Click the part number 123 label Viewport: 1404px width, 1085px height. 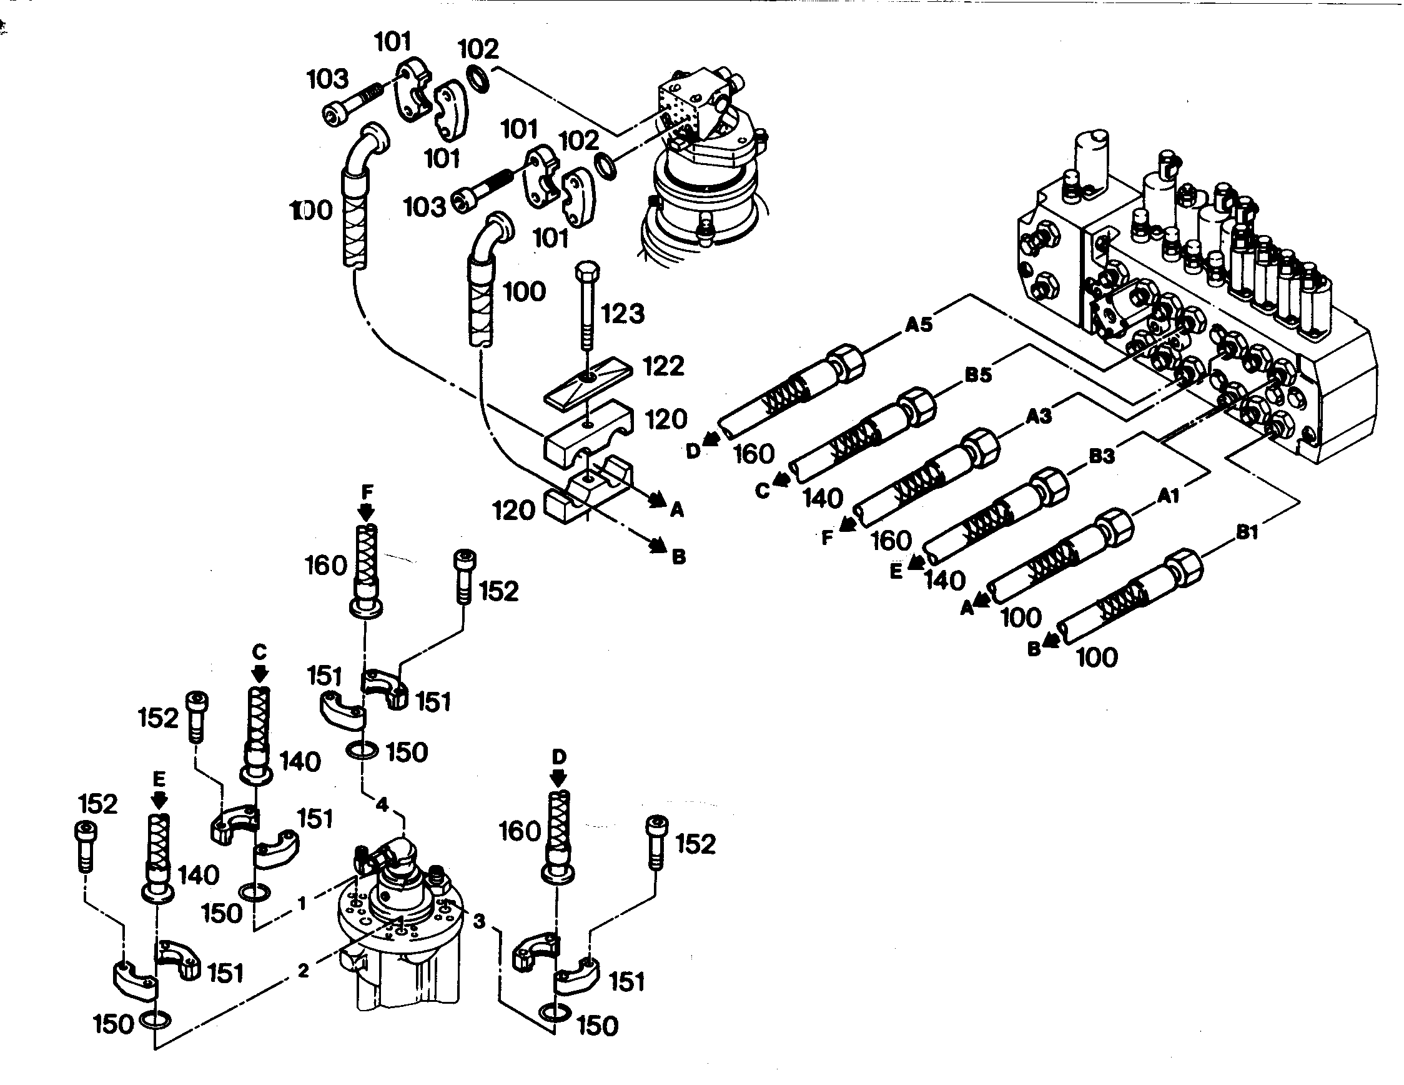622,314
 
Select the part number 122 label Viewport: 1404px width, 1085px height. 663,366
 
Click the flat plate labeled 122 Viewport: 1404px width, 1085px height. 588,384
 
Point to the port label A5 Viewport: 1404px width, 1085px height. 919,325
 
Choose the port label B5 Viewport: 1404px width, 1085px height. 979,374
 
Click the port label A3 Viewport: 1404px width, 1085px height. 1038,416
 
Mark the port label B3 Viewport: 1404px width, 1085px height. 1101,456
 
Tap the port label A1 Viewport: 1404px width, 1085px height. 1168,495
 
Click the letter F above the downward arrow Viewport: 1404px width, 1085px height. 367,492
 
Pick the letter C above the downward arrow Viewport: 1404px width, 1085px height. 259,652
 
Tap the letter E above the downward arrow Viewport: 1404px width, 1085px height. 159,779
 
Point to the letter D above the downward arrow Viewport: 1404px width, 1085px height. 558,756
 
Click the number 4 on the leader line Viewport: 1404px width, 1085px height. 382,804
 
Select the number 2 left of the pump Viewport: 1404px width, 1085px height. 304,971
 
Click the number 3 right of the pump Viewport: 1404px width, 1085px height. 479,922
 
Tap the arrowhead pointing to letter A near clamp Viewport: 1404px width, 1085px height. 656,499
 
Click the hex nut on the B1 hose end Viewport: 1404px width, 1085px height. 1185,567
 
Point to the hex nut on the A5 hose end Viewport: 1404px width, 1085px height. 848,363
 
